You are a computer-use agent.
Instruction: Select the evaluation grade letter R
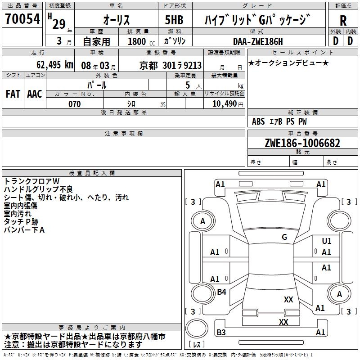pyautogui.click(x=343, y=21)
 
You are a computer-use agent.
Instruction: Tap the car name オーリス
pyautogui.click(x=117, y=20)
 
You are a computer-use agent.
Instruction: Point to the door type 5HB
pyautogui.click(x=174, y=20)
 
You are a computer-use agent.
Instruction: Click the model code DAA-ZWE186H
pyautogui.click(x=257, y=41)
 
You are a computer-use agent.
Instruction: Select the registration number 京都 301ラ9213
pyautogui.click(x=171, y=65)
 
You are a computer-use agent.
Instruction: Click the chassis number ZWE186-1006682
pyautogui.click(x=302, y=143)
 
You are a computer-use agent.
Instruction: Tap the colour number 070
pyautogui.click(x=74, y=104)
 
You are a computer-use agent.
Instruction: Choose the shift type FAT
pyautogui.click(x=13, y=94)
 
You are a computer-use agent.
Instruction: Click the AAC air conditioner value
pyautogui.click(x=35, y=94)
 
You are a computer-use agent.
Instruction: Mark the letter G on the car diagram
pyautogui.click(x=284, y=237)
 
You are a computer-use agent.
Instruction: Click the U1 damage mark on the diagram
pyautogui.click(x=326, y=241)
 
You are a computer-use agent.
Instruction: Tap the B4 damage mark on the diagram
pyautogui.click(x=221, y=292)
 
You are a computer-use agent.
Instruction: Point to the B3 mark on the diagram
pyautogui.click(x=221, y=333)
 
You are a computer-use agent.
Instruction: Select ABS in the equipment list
pyautogui.click(x=258, y=121)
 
